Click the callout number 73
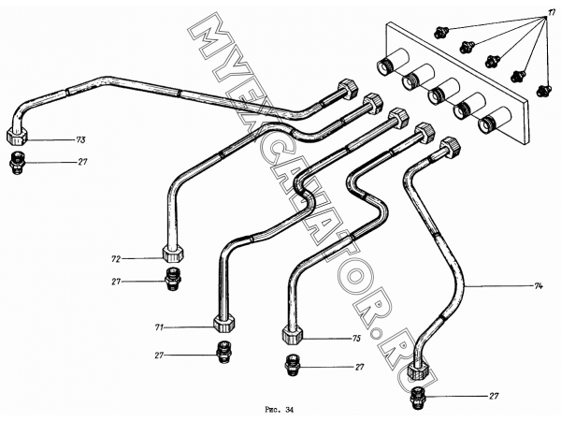point(81,140)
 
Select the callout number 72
point(116,258)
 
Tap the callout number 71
point(159,327)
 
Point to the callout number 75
point(356,339)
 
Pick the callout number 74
point(539,286)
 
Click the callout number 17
point(552,12)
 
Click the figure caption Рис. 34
point(279,410)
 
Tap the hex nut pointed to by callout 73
point(17,137)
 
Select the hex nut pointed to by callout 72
point(173,254)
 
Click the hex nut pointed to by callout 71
point(224,324)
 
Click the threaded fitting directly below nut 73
point(17,163)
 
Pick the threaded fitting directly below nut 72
point(172,279)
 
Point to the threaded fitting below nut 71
point(224,353)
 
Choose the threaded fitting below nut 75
point(292,365)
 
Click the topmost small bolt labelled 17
point(439,33)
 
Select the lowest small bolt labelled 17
point(543,90)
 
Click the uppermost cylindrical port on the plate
point(393,62)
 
